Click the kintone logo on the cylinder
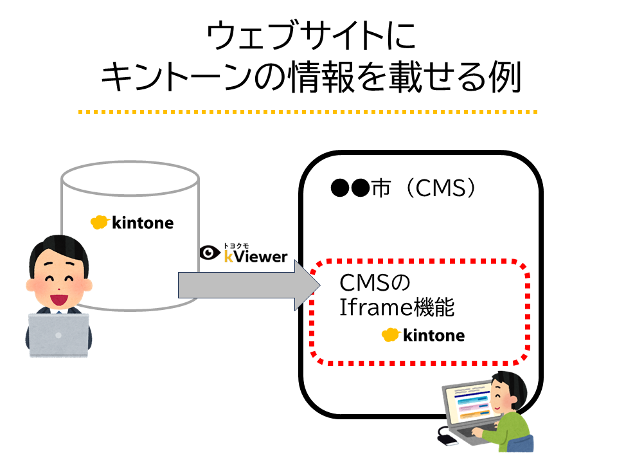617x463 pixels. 132,223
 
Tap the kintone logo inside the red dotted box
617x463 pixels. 423,335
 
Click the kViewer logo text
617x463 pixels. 255,257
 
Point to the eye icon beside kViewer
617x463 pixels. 210,253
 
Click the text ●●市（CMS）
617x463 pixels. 406,189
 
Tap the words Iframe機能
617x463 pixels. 397,308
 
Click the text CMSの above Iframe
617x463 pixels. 374,284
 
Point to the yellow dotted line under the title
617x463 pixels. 308,112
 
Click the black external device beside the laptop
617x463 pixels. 446,439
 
